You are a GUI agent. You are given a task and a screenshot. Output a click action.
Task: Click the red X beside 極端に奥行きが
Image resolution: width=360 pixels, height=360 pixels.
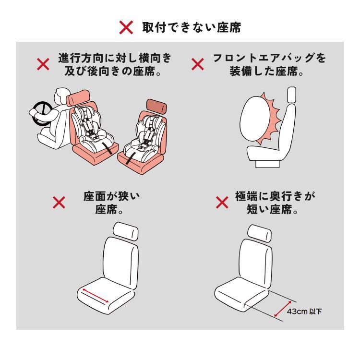[x=222, y=204]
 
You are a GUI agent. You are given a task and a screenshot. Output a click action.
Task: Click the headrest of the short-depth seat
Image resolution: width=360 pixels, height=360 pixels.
[x=259, y=232]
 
